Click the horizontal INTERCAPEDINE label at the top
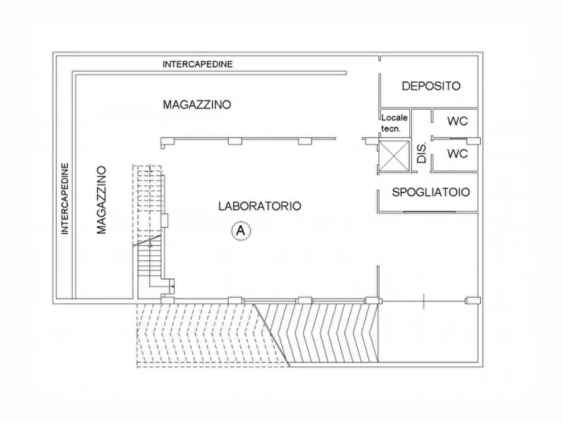pos(197,64)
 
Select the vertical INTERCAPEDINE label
pos(64,199)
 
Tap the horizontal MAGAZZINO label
pos(197,104)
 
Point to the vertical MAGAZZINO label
pos(102,200)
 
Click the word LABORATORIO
pos(259,206)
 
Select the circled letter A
pos(240,232)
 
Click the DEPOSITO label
pos(431,86)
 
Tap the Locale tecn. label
pos(395,122)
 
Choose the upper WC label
pos(457,121)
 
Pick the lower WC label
pos(457,153)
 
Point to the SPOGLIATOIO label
pos(431,193)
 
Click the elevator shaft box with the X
pos(393,155)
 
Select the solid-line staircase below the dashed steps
pos(149,265)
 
